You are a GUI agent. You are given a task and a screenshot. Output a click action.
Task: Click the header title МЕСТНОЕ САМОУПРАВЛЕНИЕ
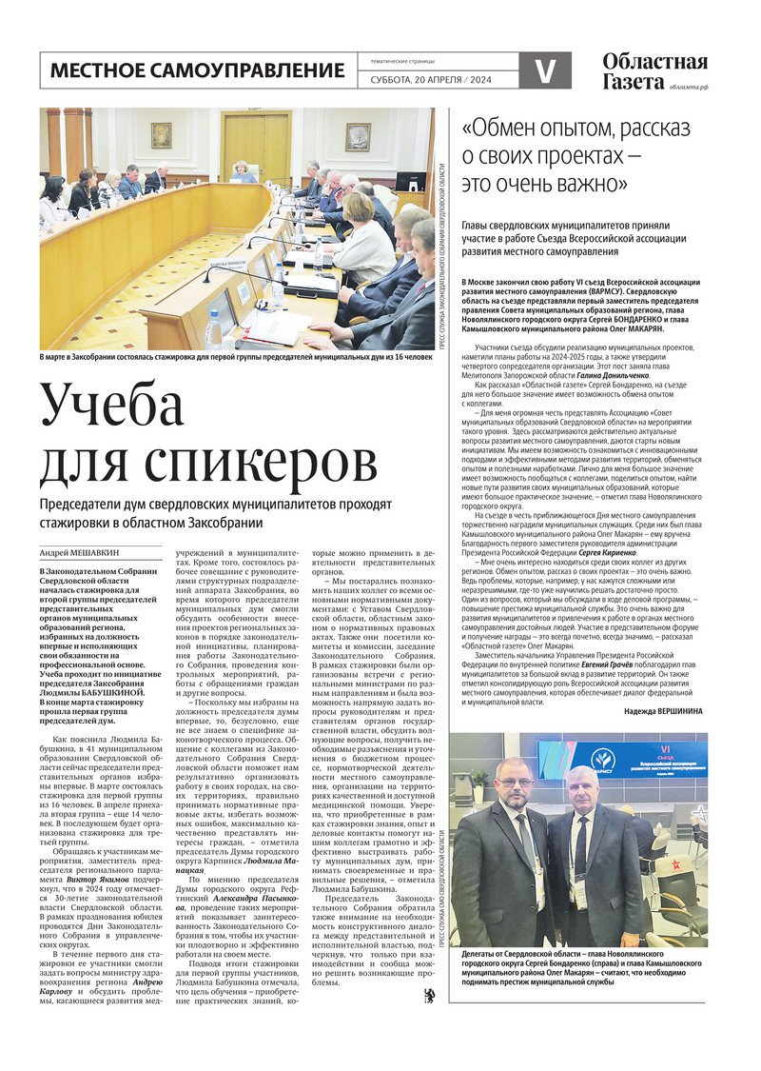pos(197,70)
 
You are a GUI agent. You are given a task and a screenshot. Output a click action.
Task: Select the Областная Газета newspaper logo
pos(654,70)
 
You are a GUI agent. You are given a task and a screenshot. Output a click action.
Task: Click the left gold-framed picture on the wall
pos(161,134)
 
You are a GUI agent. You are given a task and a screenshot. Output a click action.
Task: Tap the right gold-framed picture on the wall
pos(357,137)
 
